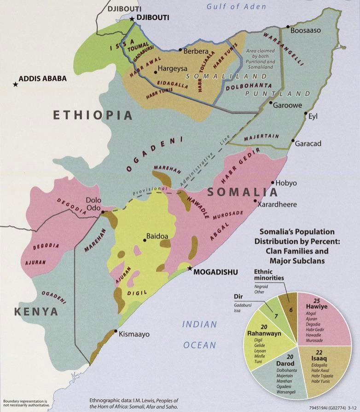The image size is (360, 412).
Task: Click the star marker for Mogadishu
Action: (x=189, y=268)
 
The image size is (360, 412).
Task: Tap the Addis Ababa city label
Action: (x=43, y=79)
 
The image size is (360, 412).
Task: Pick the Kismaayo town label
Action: (x=134, y=334)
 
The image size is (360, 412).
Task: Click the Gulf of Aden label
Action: (x=236, y=6)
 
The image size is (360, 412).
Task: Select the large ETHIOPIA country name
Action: (x=93, y=115)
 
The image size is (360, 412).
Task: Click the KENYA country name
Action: (x=36, y=312)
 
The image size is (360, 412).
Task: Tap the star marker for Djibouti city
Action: (x=132, y=19)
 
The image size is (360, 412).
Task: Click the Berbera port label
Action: (x=196, y=51)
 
